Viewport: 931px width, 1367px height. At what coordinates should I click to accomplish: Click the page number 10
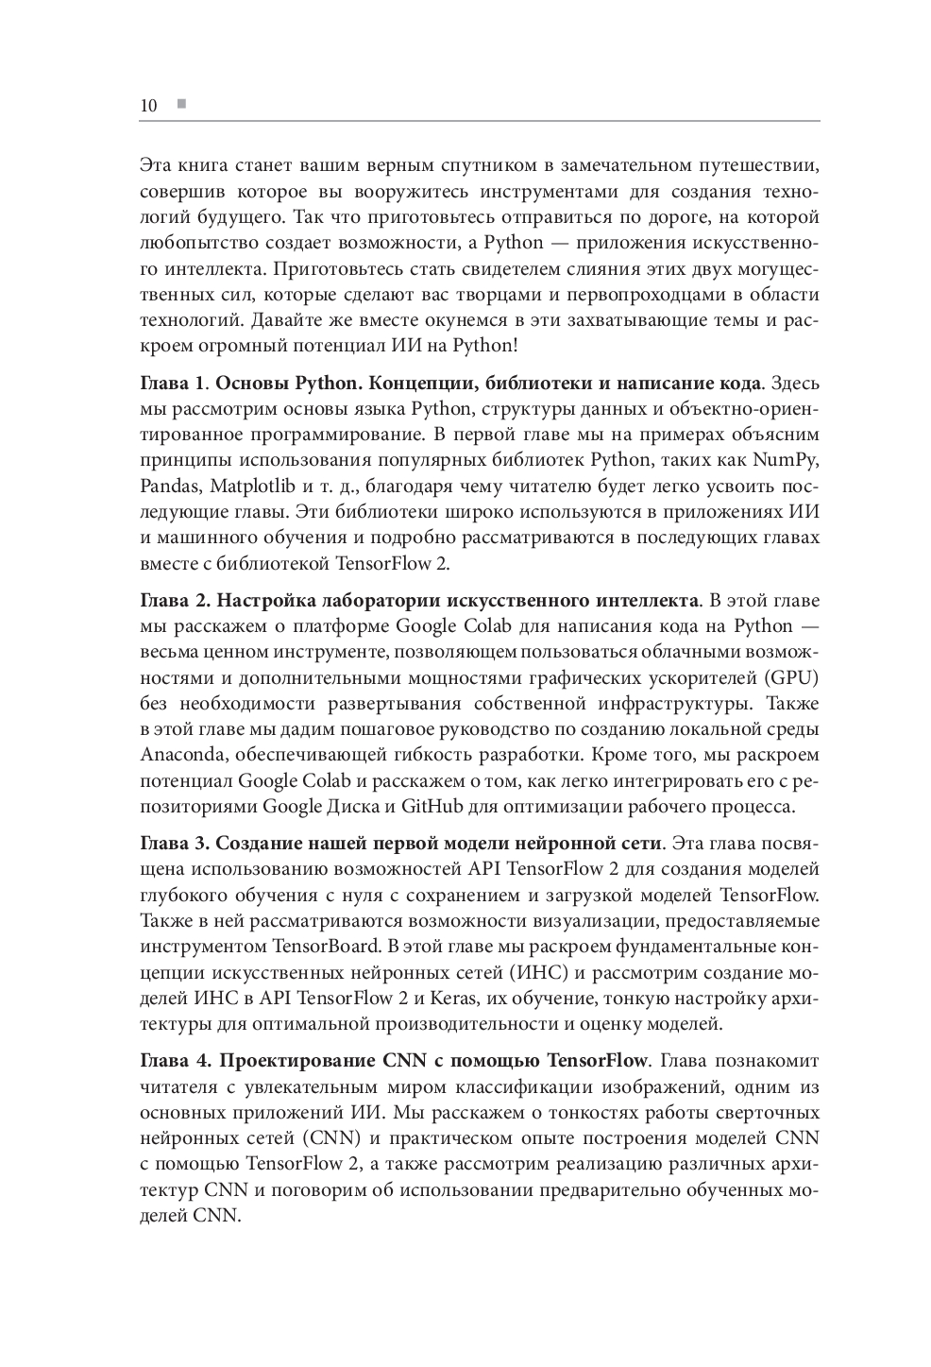tap(147, 105)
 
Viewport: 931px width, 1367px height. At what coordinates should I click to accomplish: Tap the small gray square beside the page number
tap(180, 103)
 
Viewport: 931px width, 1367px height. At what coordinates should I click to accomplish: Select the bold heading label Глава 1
tap(171, 384)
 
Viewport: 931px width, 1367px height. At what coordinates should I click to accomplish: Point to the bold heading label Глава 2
tap(173, 601)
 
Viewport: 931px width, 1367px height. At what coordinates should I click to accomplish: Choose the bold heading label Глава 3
tap(173, 843)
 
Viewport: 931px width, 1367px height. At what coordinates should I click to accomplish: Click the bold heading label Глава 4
tap(173, 1060)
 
